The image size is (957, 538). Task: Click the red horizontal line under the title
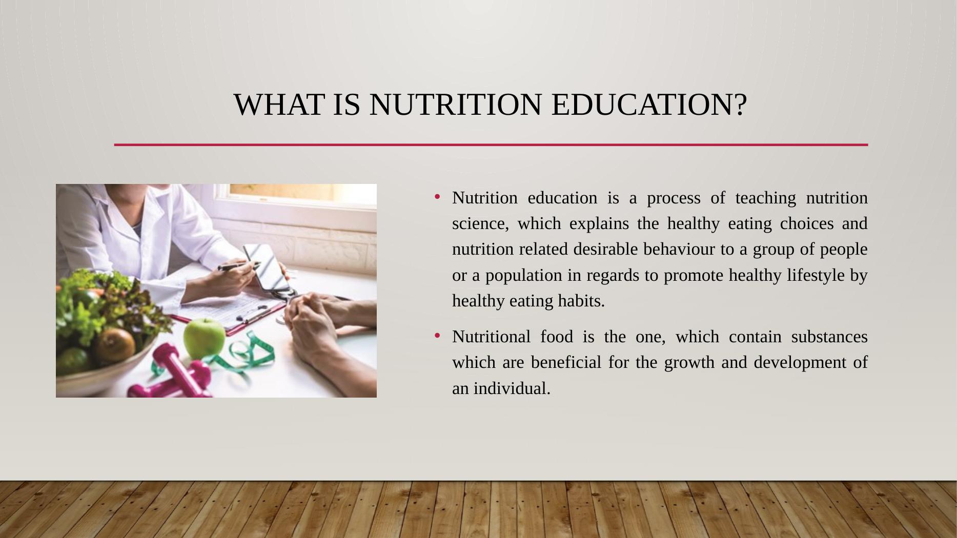point(491,145)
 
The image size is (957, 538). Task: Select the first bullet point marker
point(437,197)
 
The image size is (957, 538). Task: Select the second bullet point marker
point(437,336)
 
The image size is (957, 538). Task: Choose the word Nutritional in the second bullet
point(491,337)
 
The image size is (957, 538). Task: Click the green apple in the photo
point(204,338)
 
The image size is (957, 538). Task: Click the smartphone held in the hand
point(266,266)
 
